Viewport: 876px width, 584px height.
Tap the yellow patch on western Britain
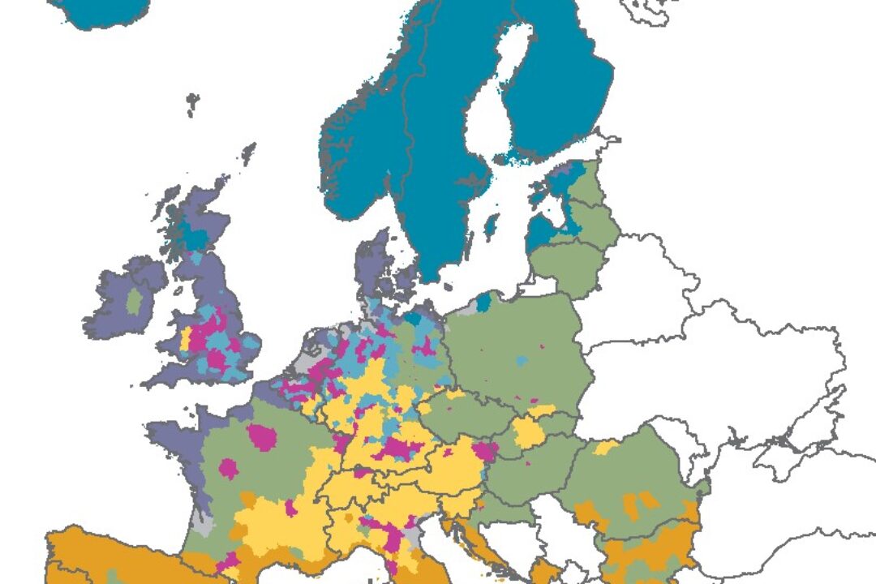coord(185,338)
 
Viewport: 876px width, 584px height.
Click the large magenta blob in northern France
coord(262,436)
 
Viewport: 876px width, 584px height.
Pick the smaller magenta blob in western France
coord(229,469)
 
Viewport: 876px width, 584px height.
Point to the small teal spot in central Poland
coord(521,359)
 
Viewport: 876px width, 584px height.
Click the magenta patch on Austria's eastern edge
coord(484,452)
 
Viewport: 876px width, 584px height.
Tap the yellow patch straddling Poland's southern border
coord(529,432)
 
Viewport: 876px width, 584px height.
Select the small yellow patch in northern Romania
coord(606,446)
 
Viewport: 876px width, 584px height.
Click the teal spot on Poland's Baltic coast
coord(483,302)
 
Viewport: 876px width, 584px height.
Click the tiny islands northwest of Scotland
coord(192,103)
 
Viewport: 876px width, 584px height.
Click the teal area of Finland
coord(560,89)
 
